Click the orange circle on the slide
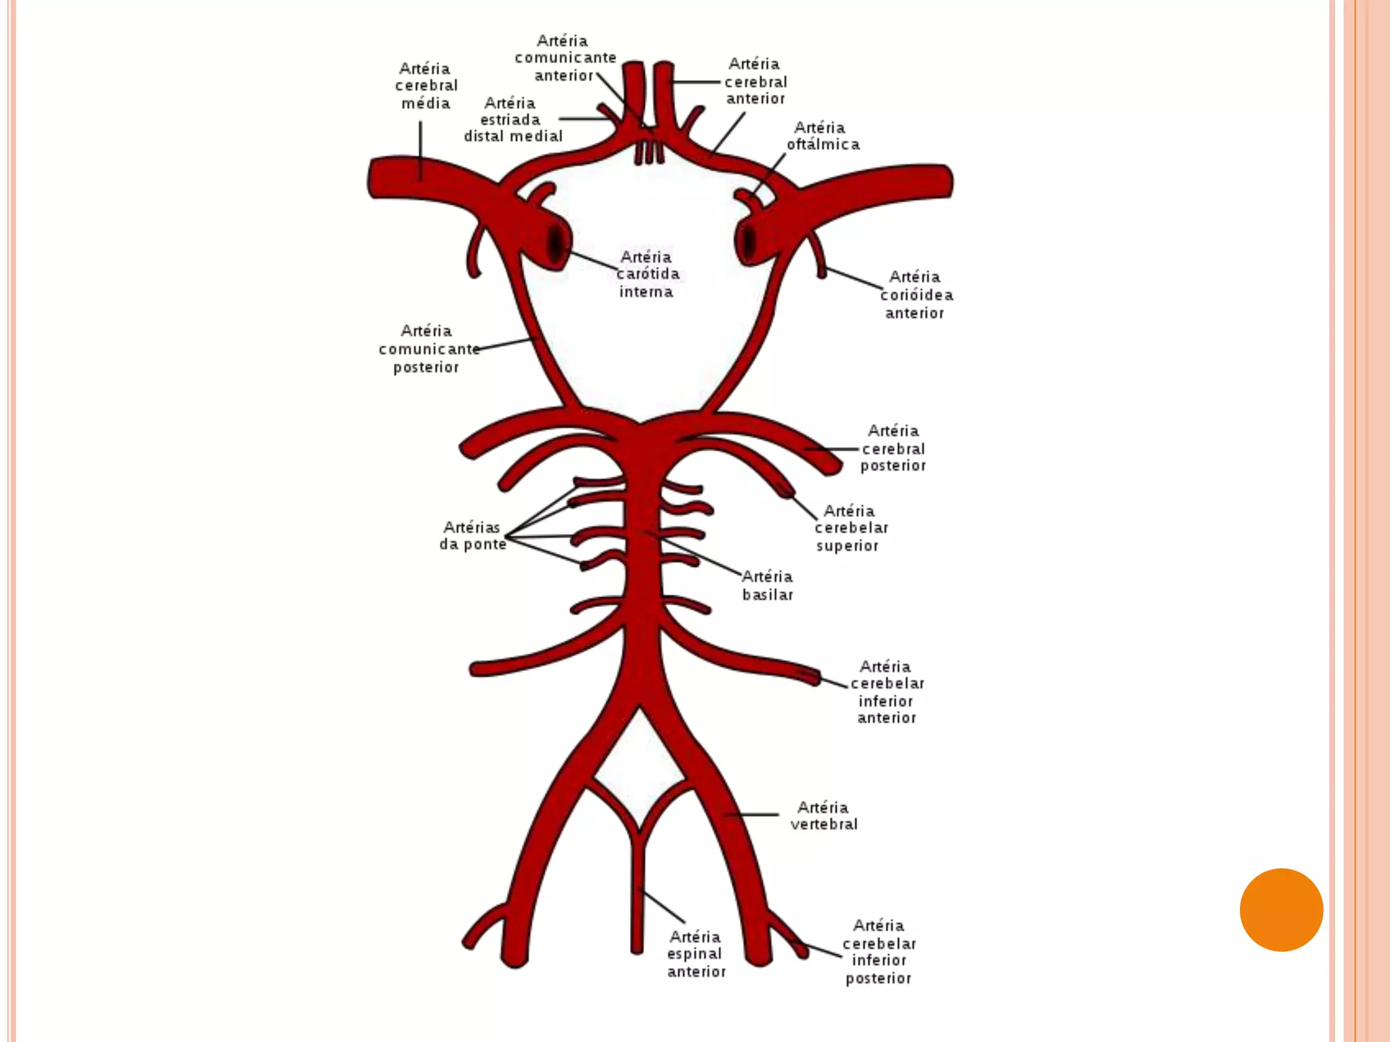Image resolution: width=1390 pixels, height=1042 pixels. click(1281, 910)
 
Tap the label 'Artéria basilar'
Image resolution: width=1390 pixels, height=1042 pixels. click(767, 585)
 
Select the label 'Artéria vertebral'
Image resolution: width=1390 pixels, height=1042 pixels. click(823, 815)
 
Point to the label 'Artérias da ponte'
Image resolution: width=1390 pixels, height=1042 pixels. click(472, 535)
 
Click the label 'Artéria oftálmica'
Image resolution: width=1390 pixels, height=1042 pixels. click(823, 136)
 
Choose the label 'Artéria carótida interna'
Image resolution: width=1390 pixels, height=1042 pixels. click(647, 274)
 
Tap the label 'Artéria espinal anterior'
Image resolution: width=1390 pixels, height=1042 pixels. click(696, 954)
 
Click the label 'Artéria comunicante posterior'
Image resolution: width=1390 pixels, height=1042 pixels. click(428, 349)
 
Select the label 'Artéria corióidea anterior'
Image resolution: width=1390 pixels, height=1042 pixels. click(916, 294)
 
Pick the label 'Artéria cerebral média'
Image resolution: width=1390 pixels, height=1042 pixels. click(426, 85)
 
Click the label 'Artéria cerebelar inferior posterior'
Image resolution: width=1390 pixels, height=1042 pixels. click(879, 951)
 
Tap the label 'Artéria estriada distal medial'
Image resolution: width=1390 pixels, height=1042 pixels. click(512, 119)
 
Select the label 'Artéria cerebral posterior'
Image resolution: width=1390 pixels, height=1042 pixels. click(893, 448)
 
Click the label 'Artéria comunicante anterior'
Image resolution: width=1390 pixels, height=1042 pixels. click(565, 58)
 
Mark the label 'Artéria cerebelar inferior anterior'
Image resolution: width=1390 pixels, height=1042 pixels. click(886, 691)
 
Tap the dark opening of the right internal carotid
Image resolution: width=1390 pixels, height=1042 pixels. click(749, 240)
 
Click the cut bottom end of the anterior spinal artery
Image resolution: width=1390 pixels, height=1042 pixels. click(637, 950)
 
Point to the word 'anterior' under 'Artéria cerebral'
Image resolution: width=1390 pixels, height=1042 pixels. click(755, 99)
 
